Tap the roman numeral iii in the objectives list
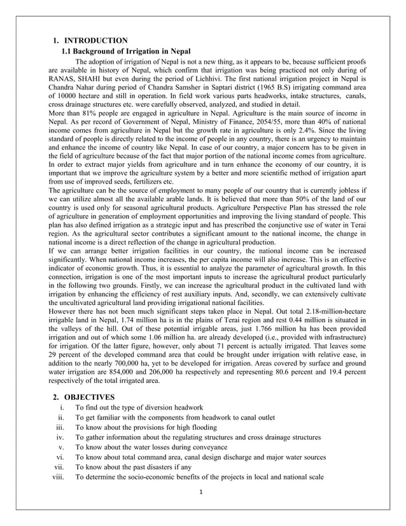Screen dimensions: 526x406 [60, 427]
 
